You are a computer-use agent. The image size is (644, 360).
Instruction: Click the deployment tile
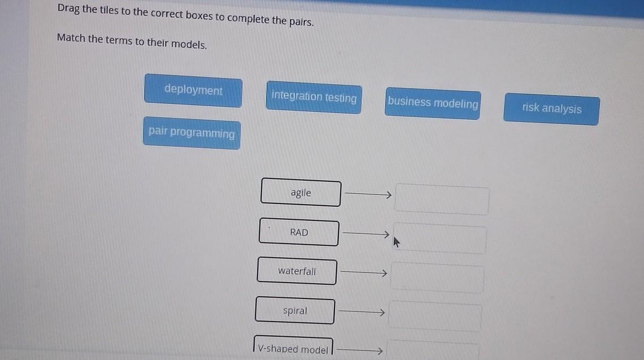(x=193, y=90)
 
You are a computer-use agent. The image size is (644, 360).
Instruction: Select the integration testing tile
(x=314, y=97)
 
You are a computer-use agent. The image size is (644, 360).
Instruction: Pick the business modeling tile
(x=433, y=103)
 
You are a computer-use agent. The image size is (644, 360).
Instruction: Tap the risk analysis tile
(x=551, y=109)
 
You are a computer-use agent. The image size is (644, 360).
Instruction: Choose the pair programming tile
(x=192, y=133)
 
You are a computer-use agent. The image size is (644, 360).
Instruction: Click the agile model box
(x=301, y=193)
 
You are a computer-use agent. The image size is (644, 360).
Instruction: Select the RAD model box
(x=299, y=232)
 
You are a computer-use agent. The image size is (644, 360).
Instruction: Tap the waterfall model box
(x=297, y=271)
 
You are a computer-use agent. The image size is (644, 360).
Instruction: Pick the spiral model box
(x=295, y=311)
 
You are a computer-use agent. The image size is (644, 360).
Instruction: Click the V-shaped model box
(x=293, y=349)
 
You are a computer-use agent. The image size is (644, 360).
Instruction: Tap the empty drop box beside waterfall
(x=437, y=279)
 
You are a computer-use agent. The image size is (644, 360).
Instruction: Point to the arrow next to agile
(x=368, y=194)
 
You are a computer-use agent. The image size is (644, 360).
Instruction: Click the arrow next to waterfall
(x=364, y=273)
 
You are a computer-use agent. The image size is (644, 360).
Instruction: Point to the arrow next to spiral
(x=362, y=312)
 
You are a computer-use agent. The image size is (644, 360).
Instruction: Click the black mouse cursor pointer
(x=397, y=243)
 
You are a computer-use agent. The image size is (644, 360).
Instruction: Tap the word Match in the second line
(x=71, y=38)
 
